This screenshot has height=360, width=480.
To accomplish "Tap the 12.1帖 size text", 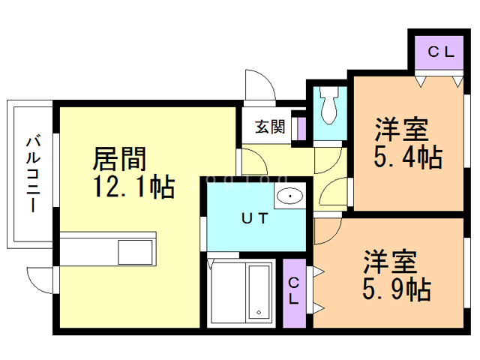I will pos(133,185).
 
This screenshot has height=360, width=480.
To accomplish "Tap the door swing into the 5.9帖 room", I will pos(326,232).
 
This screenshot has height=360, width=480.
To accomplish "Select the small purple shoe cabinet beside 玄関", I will pos(301,127).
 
